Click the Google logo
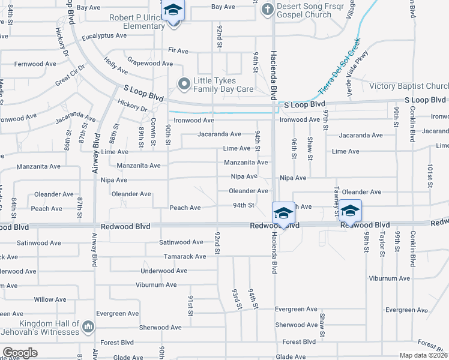coord(20,352)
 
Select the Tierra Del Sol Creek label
coord(340,66)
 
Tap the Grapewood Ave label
coord(150,63)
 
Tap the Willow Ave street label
coord(50,299)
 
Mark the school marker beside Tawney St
coord(350,211)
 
